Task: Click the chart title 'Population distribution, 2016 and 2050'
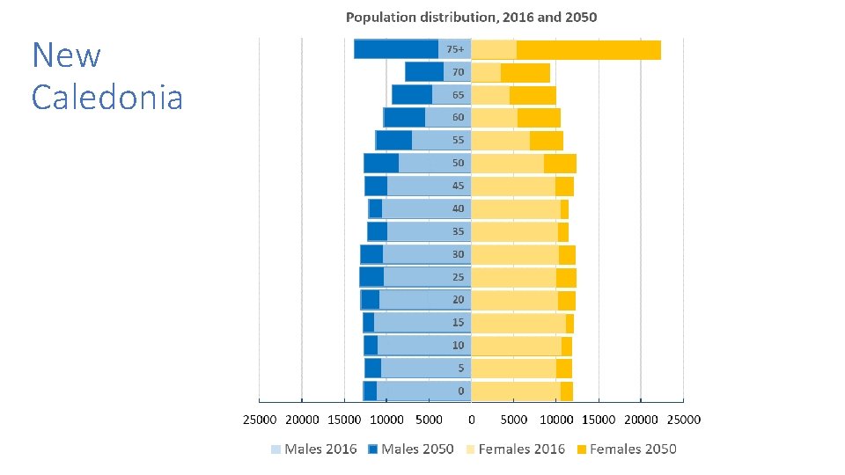click(x=471, y=18)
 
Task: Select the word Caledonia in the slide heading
click(x=107, y=97)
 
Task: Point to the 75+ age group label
click(x=456, y=49)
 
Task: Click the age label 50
click(x=459, y=164)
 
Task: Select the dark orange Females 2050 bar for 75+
click(x=588, y=49)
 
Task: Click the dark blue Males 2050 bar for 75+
click(x=396, y=49)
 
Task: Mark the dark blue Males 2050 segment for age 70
click(x=424, y=72)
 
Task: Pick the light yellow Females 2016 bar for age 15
click(x=519, y=323)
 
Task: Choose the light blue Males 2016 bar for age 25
click(x=427, y=277)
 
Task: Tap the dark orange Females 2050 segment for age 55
click(x=547, y=141)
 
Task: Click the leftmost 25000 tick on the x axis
click(x=260, y=420)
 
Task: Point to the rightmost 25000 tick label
click(x=683, y=420)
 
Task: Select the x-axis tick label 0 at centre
click(x=472, y=420)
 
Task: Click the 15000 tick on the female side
click(x=599, y=420)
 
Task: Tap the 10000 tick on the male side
click(x=387, y=420)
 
